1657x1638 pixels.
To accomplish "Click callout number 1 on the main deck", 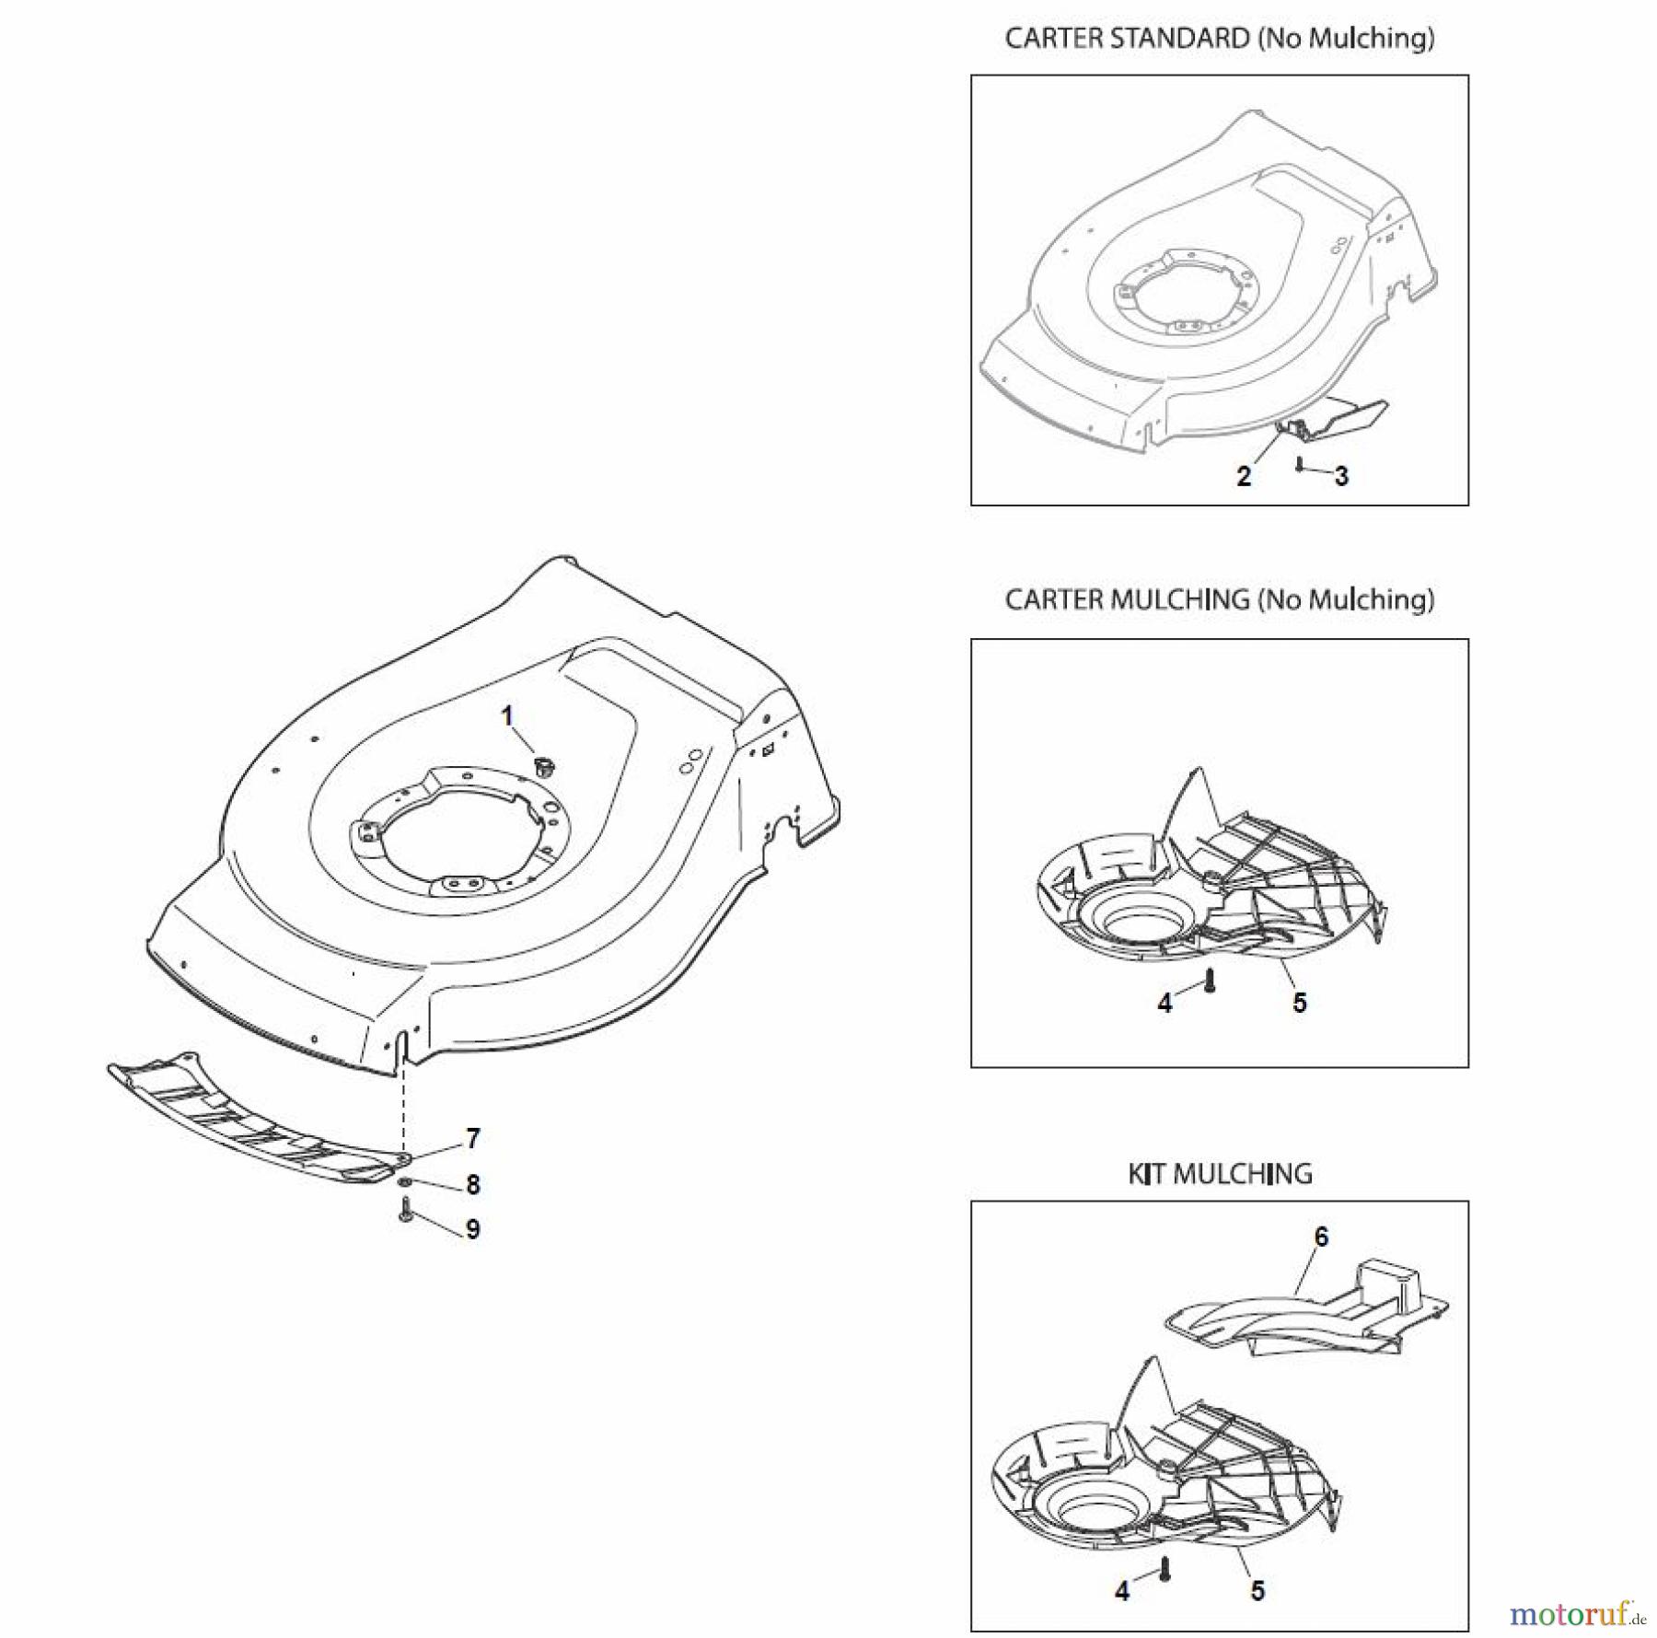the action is click(x=506, y=715).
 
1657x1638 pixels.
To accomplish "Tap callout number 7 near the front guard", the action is click(x=472, y=1139).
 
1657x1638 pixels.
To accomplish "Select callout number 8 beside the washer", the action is click(x=472, y=1184).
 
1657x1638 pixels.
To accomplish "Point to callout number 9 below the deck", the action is click(x=472, y=1229).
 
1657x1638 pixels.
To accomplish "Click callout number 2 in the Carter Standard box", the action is click(x=1244, y=476).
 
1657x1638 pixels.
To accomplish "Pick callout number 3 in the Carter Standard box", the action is click(x=1341, y=476).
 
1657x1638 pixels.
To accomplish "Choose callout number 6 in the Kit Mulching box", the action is click(x=1321, y=1237).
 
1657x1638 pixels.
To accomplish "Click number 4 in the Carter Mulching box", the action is click(x=1165, y=1003).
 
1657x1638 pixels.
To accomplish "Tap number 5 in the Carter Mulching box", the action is click(x=1299, y=1003).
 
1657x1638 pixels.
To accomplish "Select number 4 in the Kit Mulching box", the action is click(x=1122, y=1564).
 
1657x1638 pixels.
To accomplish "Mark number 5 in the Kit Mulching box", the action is click(x=1257, y=1564).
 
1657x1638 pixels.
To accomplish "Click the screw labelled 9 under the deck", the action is click(x=404, y=1210).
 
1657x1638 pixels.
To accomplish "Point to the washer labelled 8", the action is click(x=405, y=1181).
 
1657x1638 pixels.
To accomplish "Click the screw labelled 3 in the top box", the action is click(x=1298, y=464).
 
